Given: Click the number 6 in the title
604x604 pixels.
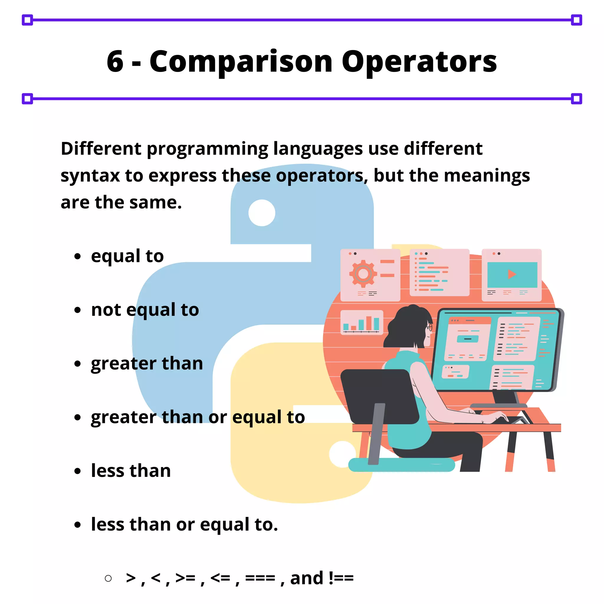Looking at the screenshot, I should click(115, 61).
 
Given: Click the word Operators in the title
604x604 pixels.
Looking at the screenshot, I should click(419, 62).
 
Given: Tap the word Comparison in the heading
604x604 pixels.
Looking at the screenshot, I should click(241, 62).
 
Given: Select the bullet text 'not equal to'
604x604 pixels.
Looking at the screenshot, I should click(145, 310).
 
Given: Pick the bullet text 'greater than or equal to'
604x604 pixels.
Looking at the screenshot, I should click(198, 417).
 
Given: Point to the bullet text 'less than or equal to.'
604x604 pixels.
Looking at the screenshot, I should click(184, 524).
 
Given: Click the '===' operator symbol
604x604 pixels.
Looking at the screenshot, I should click(260, 578).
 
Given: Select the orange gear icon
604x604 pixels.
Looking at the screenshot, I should click(363, 274).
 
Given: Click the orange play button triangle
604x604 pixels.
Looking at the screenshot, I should click(511, 274).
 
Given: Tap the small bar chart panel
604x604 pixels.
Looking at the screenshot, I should click(361, 322).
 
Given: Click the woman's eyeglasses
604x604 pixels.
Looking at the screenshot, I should click(429, 327).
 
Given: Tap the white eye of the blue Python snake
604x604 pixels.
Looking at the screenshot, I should click(262, 213).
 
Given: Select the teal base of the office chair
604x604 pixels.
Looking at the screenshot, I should click(401, 465).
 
